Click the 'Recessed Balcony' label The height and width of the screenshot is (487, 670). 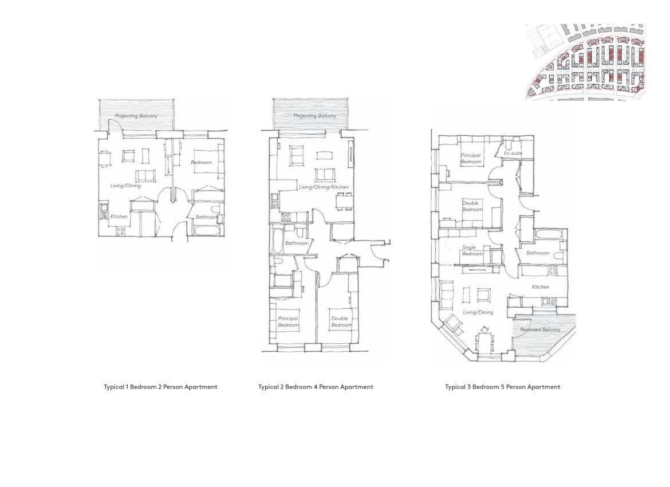click(x=540, y=329)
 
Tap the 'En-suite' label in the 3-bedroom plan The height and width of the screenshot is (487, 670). click(x=513, y=153)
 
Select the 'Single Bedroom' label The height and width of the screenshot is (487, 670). click(x=472, y=250)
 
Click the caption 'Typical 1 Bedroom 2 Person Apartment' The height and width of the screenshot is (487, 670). click(x=161, y=387)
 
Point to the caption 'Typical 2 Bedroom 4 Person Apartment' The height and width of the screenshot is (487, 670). click(x=316, y=387)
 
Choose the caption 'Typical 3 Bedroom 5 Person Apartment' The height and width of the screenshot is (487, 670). click(x=503, y=387)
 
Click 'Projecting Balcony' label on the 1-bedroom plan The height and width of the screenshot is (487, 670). click(x=136, y=116)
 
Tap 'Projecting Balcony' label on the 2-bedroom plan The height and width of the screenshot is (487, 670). click(x=315, y=116)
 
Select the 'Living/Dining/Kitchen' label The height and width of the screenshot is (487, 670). click(x=324, y=187)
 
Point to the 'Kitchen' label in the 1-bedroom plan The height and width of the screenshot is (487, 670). click(x=119, y=217)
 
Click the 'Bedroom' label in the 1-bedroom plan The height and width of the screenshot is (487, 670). click(x=201, y=163)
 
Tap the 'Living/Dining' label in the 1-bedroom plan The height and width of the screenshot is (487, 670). click(x=125, y=186)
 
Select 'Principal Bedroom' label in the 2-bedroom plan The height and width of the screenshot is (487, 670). click(x=289, y=321)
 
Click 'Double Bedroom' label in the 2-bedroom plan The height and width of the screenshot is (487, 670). click(x=341, y=321)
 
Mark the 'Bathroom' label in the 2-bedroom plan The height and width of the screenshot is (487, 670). click(x=297, y=244)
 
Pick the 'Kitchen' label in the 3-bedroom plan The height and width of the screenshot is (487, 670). click(x=541, y=287)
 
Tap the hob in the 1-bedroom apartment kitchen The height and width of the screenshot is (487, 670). click(x=120, y=231)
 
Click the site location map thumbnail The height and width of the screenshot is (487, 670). click(x=585, y=62)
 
